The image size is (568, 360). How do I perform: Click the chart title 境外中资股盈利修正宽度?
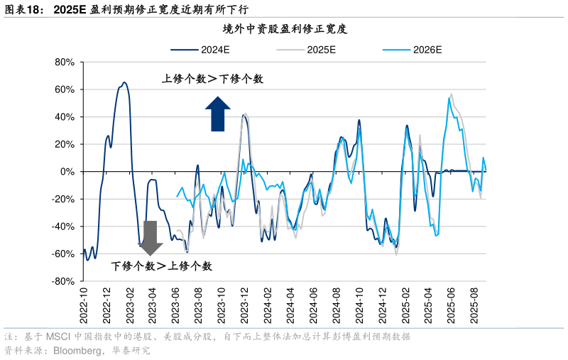(284, 29)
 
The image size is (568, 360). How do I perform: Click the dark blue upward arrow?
(218, 114)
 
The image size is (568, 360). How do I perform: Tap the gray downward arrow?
(150, 238)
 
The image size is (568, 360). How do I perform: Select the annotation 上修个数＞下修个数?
(213, 79)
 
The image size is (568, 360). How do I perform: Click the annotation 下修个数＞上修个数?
(162, 266)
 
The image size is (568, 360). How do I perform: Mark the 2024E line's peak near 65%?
(124, 82)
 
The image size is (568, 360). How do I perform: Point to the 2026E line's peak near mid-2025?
(449, 98)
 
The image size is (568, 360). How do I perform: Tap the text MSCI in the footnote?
(58, 337)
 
